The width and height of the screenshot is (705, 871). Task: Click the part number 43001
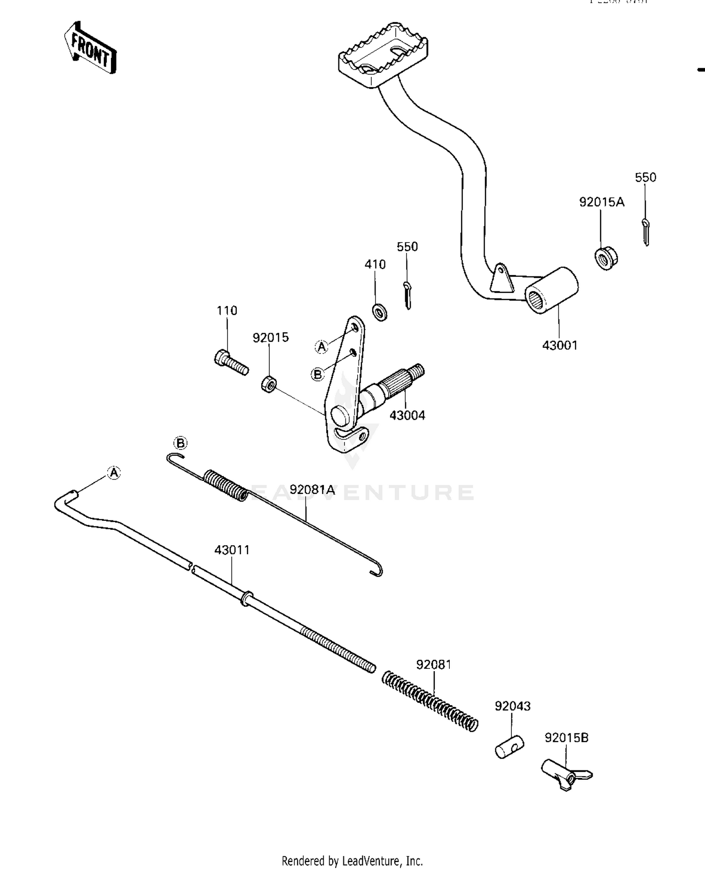(559, 345)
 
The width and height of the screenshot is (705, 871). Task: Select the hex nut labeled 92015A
(606, 258)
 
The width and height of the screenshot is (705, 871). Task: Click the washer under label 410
(380, 311)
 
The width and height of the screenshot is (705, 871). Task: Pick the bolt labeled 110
(231, 363)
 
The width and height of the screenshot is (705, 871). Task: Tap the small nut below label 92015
(268, 383)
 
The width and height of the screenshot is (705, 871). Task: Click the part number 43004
(407, 416)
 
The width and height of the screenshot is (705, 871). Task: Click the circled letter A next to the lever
(321, 347)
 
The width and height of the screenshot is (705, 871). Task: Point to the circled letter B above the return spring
(180, 443)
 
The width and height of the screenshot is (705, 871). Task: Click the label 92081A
(312, 490)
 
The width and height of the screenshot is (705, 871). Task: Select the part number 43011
(232, 549)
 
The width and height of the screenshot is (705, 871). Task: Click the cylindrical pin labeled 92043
(509, 746)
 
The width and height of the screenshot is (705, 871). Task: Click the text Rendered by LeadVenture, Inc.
(352, 861)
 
